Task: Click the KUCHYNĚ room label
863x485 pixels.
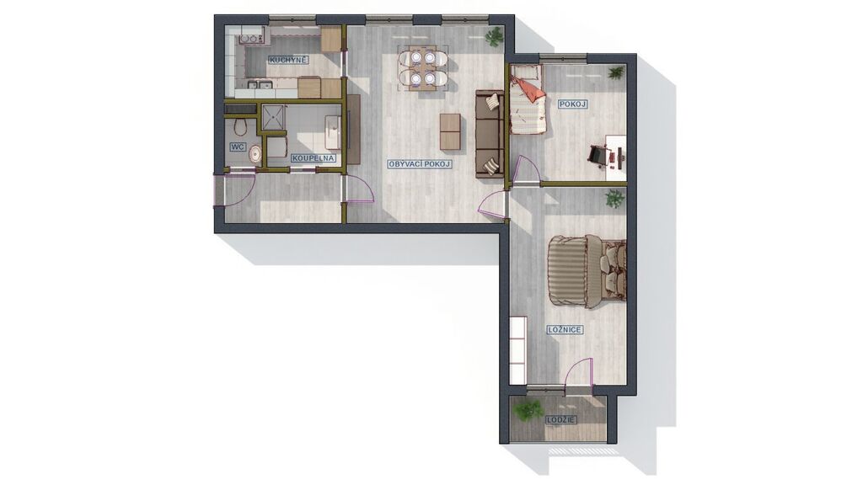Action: (x=288, y=60)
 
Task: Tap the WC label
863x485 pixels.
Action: (x=237, y=147)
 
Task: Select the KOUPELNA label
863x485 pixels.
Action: (x=314, y=158)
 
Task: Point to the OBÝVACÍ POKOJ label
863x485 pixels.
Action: (x=420, y=164)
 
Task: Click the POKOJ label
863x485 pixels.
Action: (x=572, y=104)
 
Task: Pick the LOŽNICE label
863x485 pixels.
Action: (x=564, y=330)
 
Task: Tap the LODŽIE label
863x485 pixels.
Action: (x=561, y=420)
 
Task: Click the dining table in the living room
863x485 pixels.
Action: (x=423, y=67)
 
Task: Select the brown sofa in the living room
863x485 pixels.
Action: (x=490, y=134)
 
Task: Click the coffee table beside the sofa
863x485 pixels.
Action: (x=450, y=131)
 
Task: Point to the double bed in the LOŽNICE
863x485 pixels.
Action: (x=587, y=272)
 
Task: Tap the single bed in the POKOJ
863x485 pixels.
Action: (x=527, y=99)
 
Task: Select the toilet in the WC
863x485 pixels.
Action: (x=239, y=126)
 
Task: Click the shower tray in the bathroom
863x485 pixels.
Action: (x=272, y=118)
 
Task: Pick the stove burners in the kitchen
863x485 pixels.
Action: (x=251, y=39)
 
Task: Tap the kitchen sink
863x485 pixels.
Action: (x=260, y=85)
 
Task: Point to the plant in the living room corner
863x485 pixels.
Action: (x=494, y=37)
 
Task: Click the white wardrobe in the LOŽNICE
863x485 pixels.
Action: (x=518, y=350)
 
